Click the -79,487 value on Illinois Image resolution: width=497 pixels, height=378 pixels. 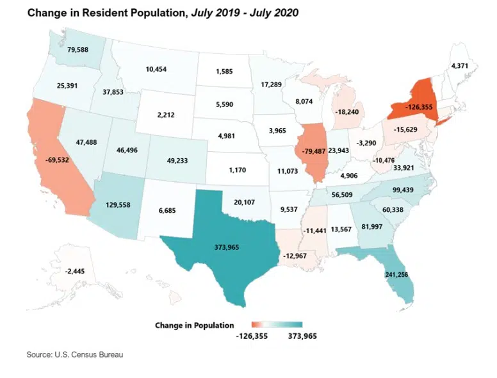click(312, 151)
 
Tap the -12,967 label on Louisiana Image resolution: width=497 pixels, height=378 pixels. click(295, 257)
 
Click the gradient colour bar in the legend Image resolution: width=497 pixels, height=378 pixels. click(276, 325)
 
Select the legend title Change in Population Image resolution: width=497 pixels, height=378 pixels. click(194, 325)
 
